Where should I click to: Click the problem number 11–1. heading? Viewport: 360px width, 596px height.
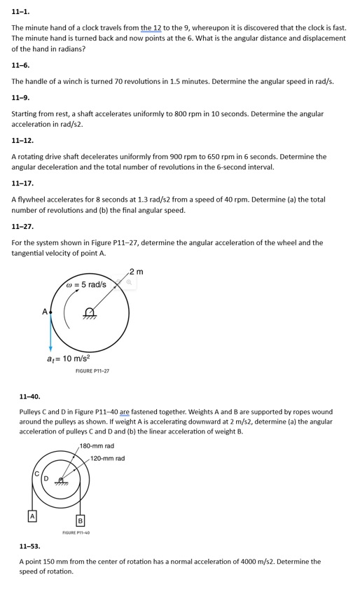pos(20,12)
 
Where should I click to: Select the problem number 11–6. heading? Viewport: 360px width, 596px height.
pos(20,64)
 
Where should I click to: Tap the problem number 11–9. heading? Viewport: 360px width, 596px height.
pos(20,97)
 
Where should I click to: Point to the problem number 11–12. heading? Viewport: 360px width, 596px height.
pos(22,140)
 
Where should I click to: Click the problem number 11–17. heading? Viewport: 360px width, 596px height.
pos(22,183)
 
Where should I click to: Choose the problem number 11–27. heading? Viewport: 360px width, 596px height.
pos(22,226)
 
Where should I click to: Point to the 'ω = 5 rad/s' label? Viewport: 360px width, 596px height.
pos(85,285)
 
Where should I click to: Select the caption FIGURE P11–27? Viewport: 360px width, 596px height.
pos(92,371)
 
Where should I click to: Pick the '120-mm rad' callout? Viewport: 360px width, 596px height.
pos(108,458)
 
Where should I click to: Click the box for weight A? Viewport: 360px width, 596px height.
pos(31,516)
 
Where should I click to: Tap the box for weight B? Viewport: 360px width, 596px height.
pos(80,520)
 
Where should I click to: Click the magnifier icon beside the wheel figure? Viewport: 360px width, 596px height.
pos(129,282)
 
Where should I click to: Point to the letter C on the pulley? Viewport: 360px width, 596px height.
pos(36,474)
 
